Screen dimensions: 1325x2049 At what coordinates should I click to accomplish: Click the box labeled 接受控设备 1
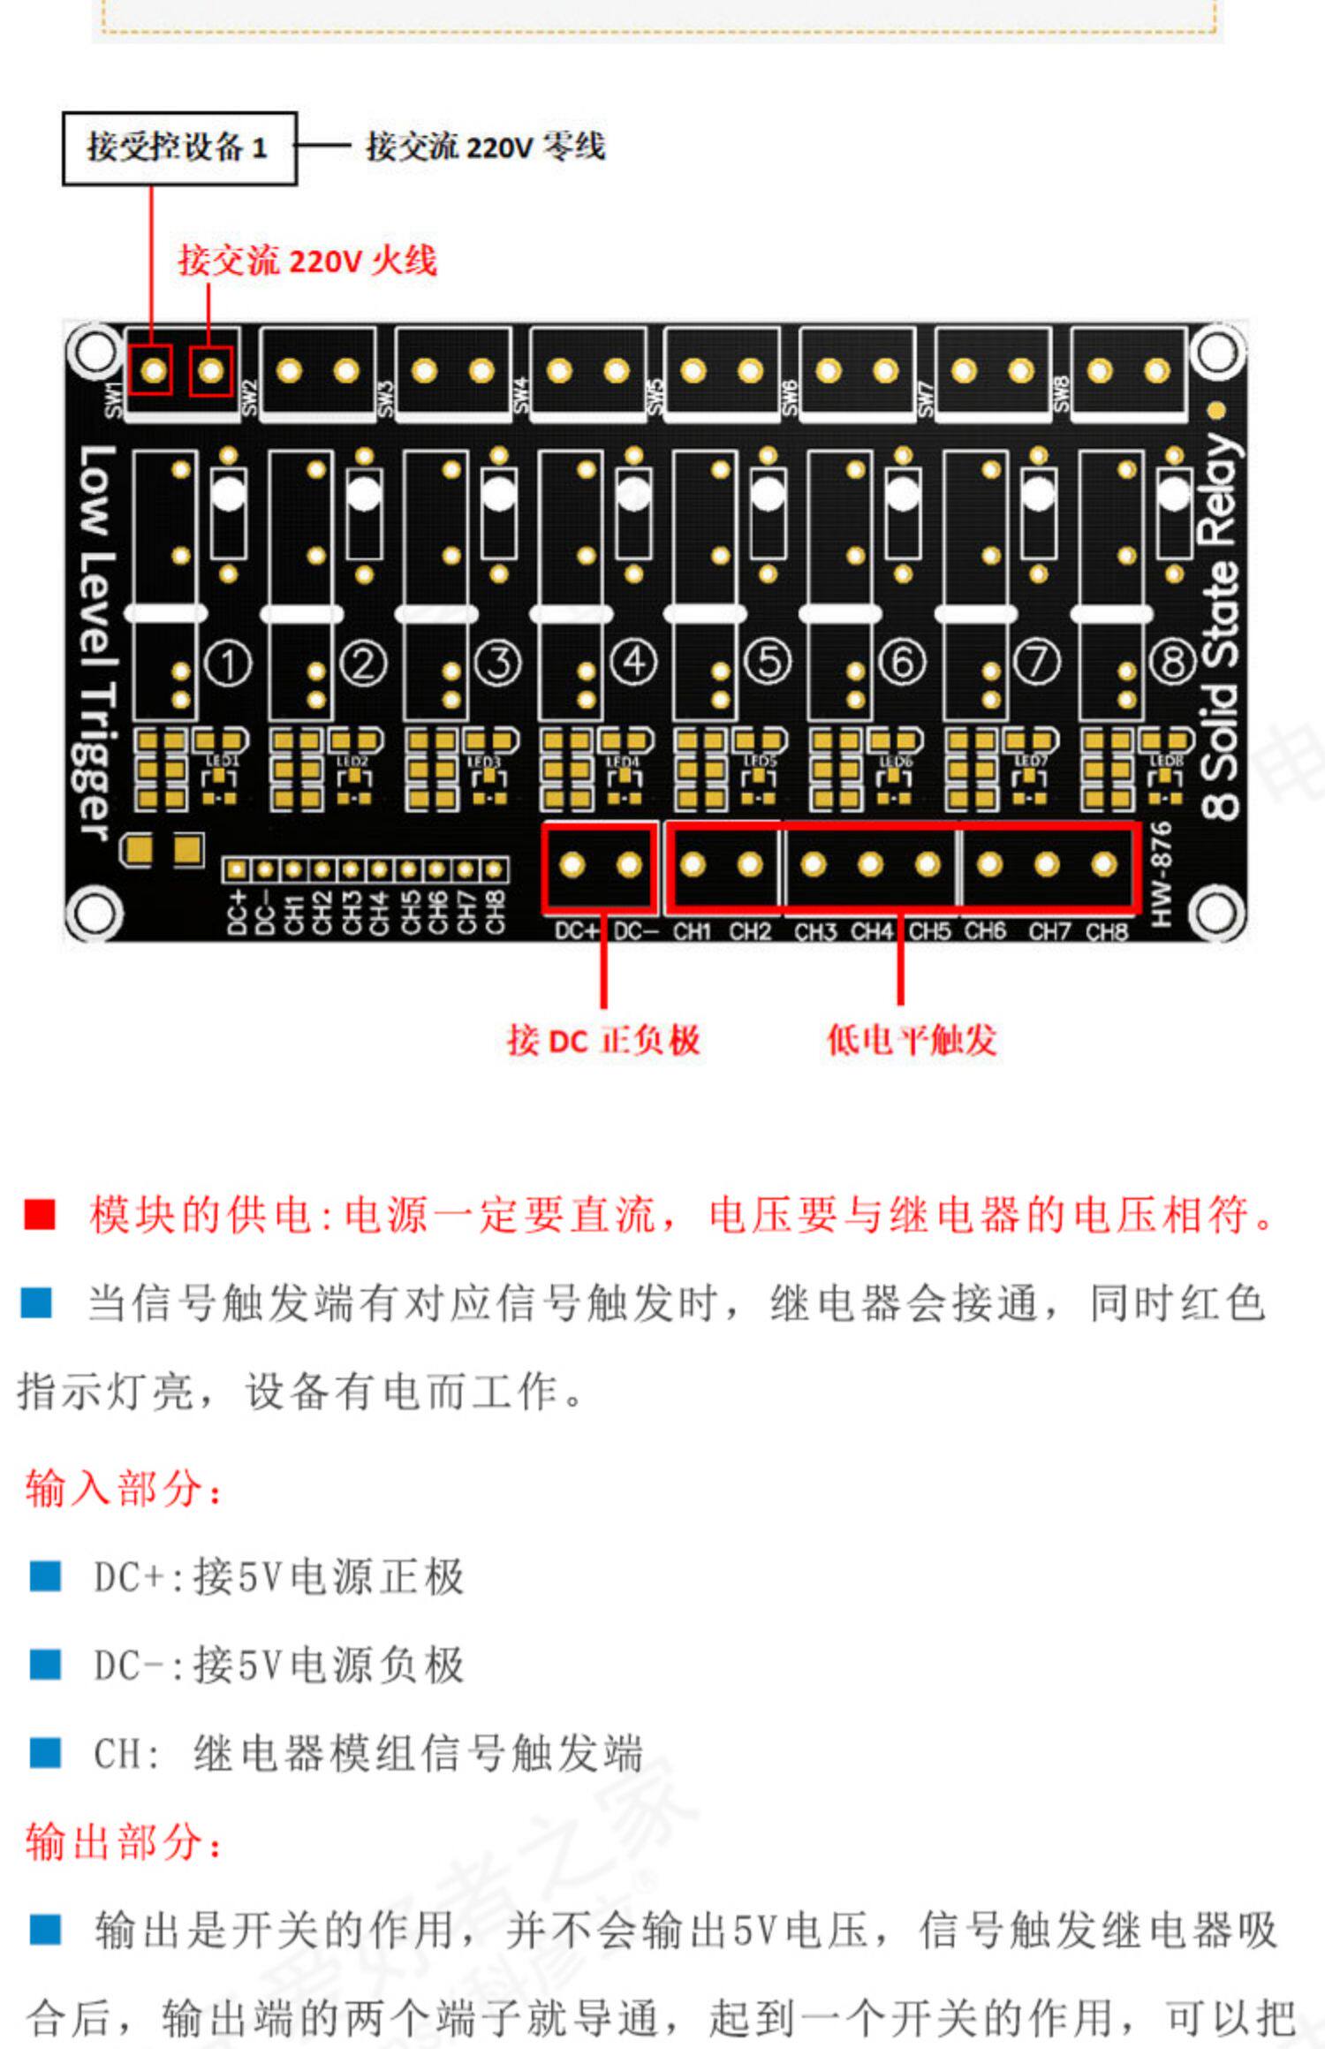coord(178,148)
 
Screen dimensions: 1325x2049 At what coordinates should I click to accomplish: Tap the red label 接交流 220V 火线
coord(307,261)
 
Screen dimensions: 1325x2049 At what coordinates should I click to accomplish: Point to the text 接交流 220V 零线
coord(486,147)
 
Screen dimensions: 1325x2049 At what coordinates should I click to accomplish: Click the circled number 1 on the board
coord(228,663)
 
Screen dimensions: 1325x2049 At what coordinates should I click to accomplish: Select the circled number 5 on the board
coord(768,662)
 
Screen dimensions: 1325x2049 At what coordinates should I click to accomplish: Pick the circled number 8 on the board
coord(1173,662)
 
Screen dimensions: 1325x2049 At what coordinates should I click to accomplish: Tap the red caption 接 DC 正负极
coord(603,1040)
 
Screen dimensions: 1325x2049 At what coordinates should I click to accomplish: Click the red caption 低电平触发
coord(911,1040)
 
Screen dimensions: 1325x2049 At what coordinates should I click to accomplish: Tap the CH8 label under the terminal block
coord(1106,931)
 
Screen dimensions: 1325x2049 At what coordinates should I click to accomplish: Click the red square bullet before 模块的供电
coord(40,1214)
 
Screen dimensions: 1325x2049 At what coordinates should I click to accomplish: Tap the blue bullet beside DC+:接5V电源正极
coord(45,1576)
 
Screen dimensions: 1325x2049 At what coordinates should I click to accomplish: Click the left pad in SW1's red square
coord(152,369)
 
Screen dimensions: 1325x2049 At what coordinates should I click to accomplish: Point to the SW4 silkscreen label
coord(521,394)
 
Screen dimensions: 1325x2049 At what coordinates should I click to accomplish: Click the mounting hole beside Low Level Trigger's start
coord(94,351)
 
